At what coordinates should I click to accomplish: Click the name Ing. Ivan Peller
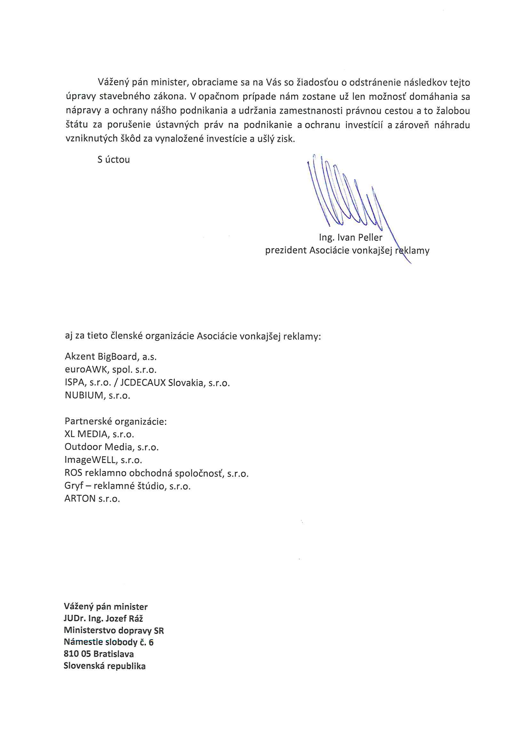[350, 237]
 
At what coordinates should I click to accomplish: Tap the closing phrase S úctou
[113, 160]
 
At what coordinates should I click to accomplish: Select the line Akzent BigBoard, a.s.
[111, 357]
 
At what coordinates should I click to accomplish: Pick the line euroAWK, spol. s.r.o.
[111, 370]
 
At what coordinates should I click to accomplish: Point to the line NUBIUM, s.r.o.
[98, 396]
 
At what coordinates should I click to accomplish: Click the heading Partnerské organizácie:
[116, 422]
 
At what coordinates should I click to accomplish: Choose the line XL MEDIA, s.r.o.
[100, 434]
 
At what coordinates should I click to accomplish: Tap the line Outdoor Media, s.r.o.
[111, 447]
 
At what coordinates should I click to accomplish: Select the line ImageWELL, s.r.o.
[103, 460]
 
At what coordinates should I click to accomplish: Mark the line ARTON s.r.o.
[92, 499]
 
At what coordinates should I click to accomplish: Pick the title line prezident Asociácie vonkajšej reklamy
[347, 251]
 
